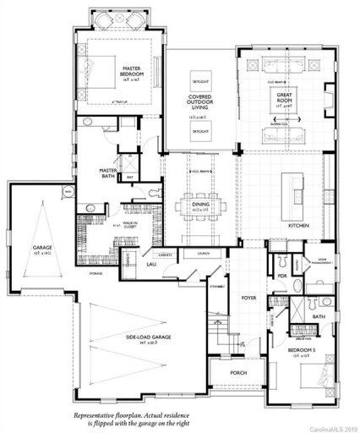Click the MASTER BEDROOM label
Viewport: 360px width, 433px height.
[130, 71]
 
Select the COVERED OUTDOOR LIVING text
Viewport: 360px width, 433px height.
[199, 102]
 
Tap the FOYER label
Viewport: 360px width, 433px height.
[248, 297]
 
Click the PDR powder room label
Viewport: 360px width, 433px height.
[281, 275]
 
